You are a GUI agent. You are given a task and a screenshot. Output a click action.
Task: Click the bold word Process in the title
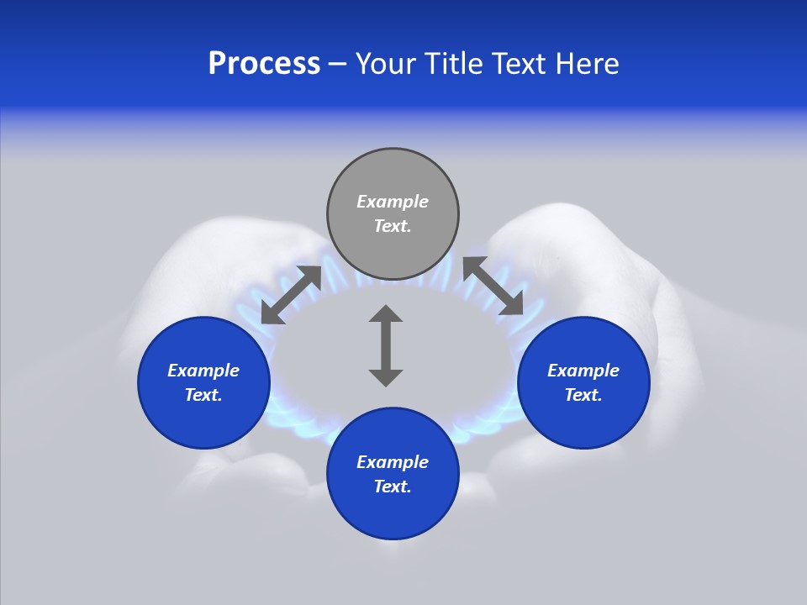264,64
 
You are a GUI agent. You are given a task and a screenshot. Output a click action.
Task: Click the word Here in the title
588,64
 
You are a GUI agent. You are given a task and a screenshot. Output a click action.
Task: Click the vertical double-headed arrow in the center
386,345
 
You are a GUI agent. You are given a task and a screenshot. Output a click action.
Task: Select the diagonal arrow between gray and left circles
291,295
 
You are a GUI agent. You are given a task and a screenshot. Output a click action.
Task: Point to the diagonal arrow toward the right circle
493,287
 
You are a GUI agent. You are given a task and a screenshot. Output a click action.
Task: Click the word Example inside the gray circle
393,202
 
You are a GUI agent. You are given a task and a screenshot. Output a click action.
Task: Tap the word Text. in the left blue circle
204,395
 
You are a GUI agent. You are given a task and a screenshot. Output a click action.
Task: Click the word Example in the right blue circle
583,371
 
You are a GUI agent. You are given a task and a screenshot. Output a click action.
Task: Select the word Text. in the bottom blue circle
393,487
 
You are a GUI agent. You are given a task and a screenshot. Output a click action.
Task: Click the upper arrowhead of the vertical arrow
386,314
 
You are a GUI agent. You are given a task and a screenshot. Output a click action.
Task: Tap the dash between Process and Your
338,64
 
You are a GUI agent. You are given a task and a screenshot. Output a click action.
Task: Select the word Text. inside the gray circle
393,226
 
